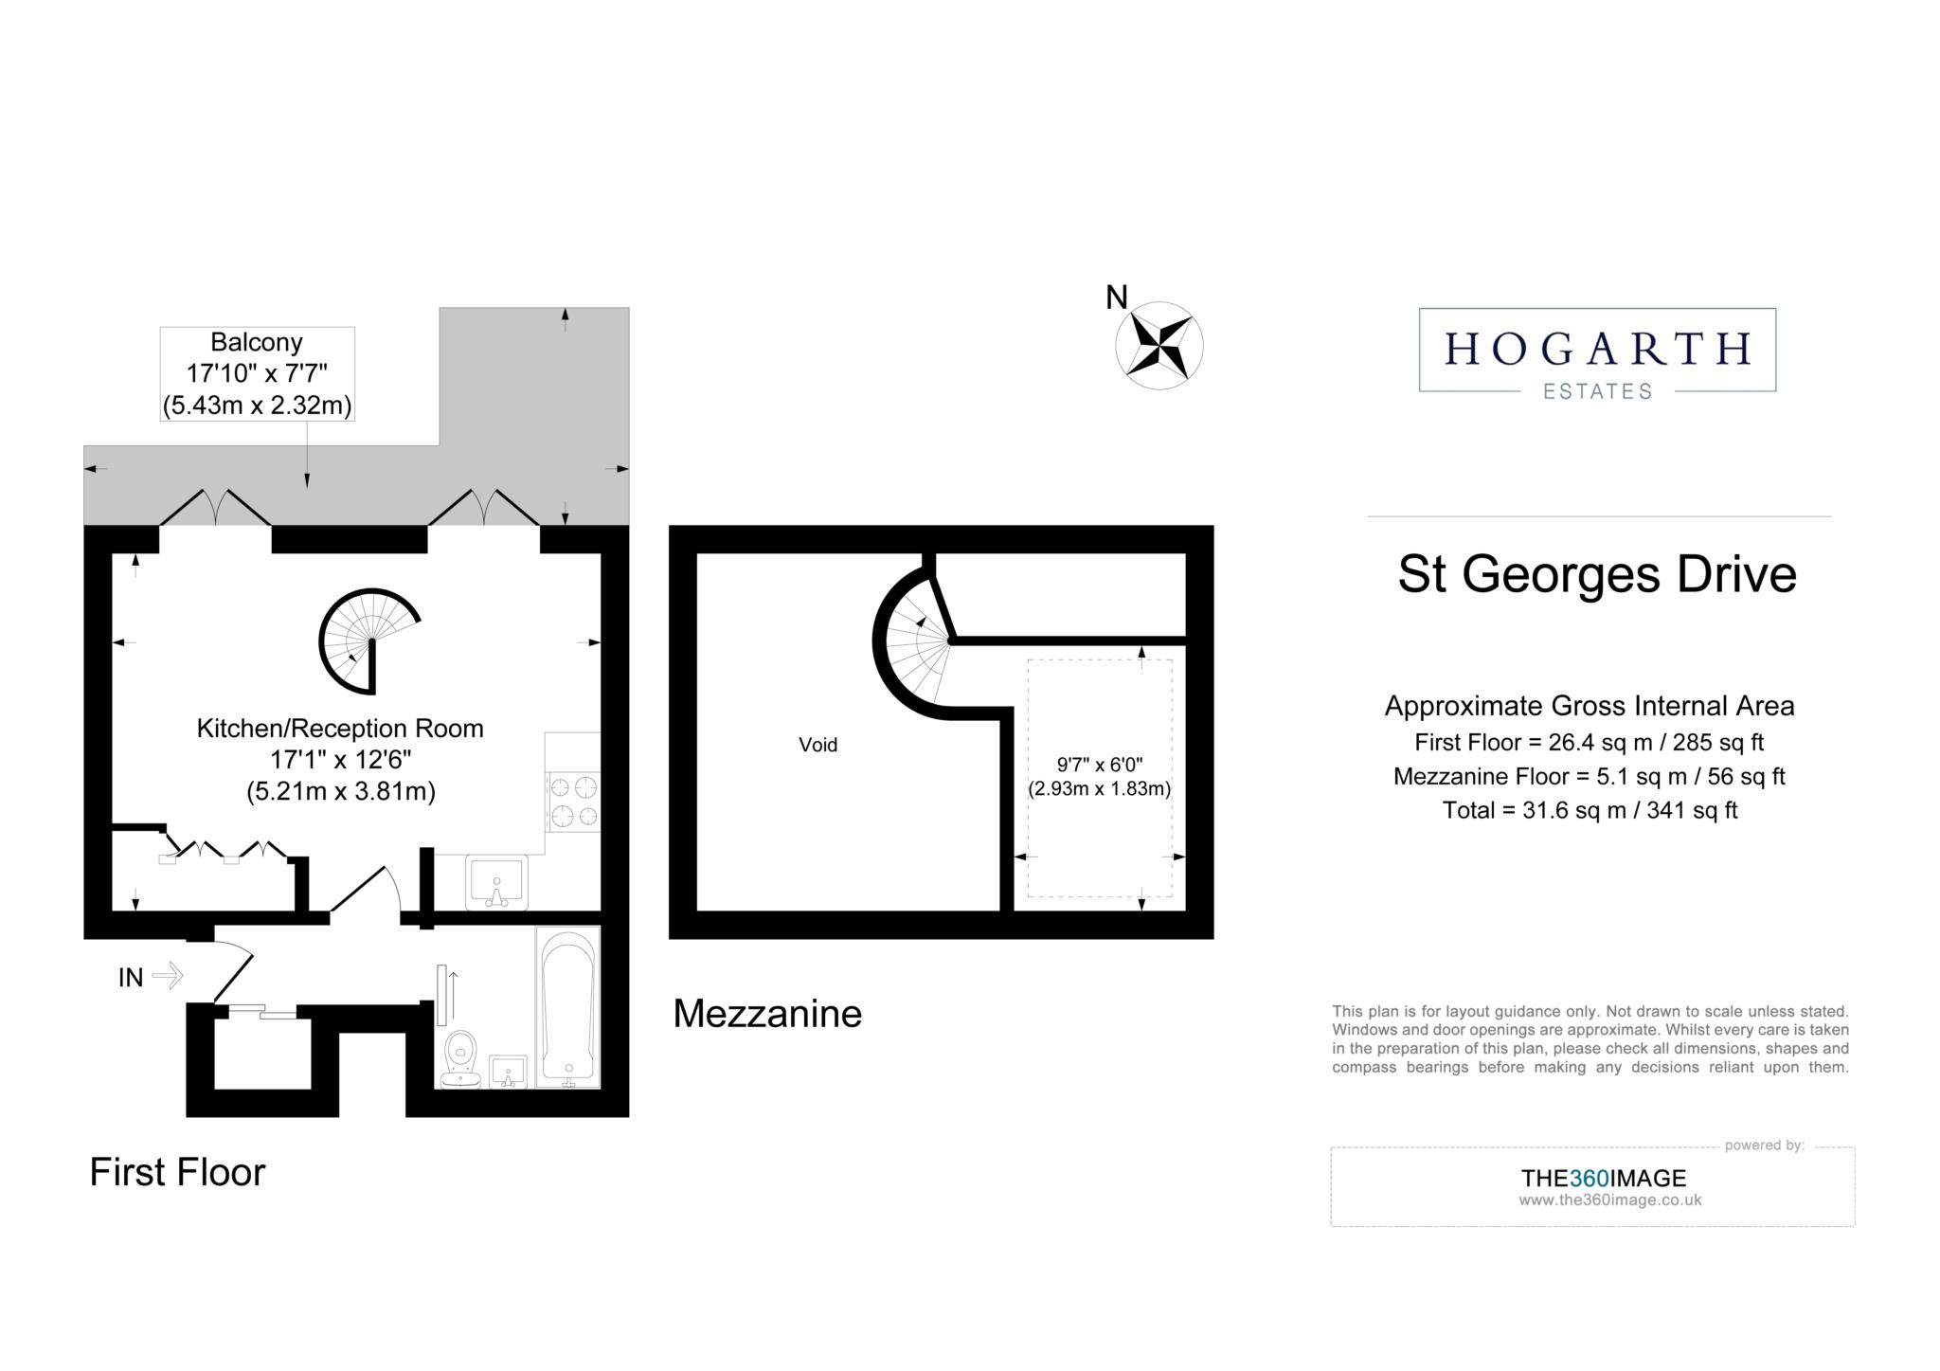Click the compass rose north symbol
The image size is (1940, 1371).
(1159, 346)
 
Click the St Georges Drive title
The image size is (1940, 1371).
(1597, 574)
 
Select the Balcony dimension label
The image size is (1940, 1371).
(257, 373)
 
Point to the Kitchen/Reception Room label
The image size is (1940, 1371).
(340, 728)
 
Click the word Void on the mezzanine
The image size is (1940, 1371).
(818, 745)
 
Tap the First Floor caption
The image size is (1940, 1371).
(177, 1172)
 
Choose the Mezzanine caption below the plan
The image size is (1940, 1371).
(767, 1014)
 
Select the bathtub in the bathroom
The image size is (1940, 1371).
(567, 1007)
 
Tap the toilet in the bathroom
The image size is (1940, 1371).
(461, 1058)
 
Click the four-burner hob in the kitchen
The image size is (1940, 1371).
(573, 802)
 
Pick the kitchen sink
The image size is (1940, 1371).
(496, 881)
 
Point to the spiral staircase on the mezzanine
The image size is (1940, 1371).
(914, 640)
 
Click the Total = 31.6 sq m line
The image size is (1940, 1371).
(1590, 810)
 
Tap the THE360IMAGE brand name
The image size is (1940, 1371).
(1604, 1178)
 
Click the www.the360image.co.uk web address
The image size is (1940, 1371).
(1609, 1200)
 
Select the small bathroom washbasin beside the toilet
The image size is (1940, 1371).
(508, 1072)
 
